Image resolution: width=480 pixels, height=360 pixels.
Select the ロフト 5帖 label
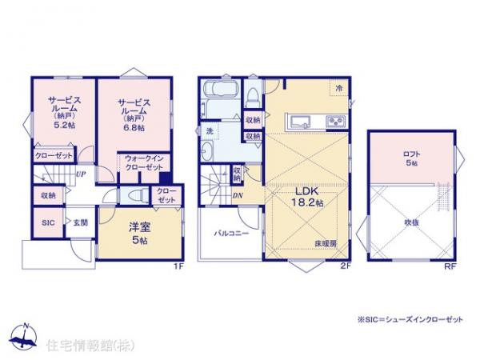click(x=410, y=158)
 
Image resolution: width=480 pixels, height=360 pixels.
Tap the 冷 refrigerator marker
click(x=339, y=88)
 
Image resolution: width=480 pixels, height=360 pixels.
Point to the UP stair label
click(x=81, y=172)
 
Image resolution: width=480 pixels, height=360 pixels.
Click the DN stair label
click(x=238, y=194)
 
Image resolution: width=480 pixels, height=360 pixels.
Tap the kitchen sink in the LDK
click(x=302, y=122)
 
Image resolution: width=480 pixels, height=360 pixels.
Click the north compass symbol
click(x=26, y=338)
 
